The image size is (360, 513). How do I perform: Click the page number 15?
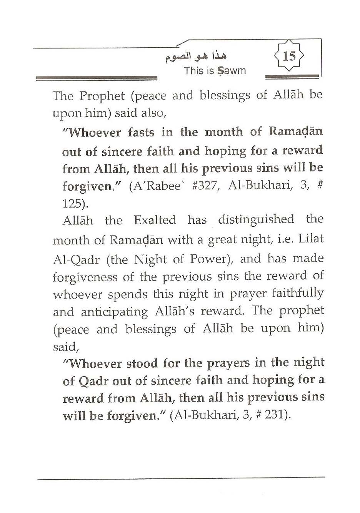pos(289,56)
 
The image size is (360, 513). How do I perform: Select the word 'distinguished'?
pos(256,220)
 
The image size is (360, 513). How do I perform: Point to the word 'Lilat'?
pos(309,239)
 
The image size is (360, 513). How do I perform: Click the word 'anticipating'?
pos(114,312)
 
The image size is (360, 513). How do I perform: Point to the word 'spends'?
pos(128,295)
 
